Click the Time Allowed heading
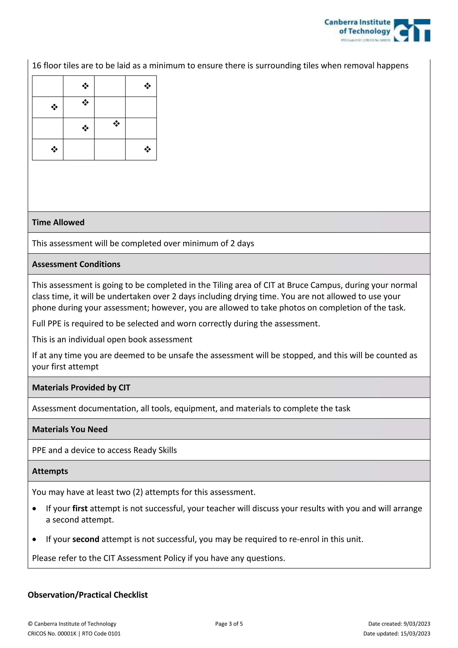58,222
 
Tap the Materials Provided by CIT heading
81,387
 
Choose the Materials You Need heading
70,429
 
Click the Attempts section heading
50,471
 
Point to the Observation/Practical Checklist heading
87,595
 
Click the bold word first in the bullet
80,508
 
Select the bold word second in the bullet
86,539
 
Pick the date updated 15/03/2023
415,634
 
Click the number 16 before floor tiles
37,66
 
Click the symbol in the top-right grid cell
147,86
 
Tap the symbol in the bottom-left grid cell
54,149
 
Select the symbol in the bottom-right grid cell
147,149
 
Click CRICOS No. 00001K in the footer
52,634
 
